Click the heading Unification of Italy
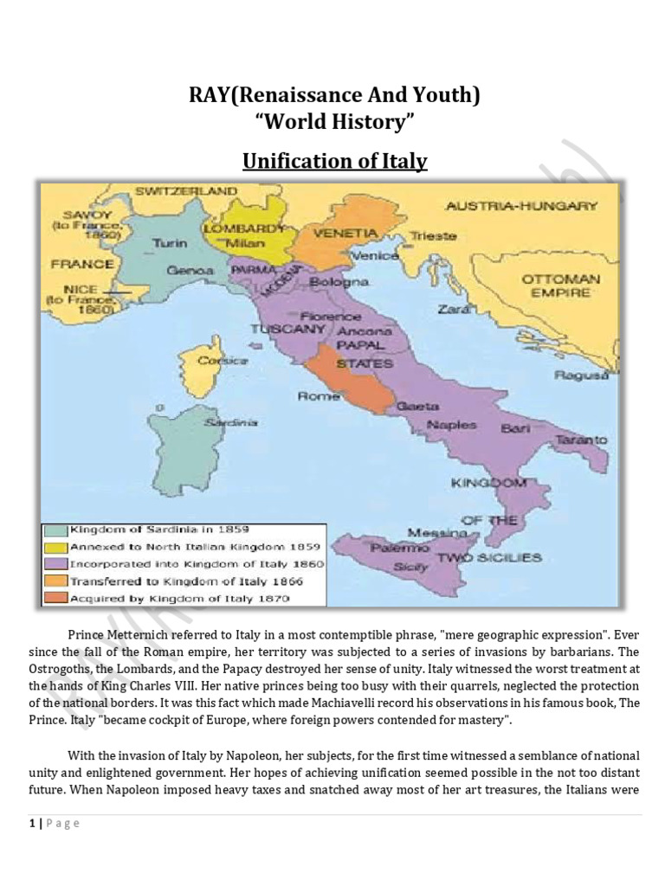(x=334, y=161)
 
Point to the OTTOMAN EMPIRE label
(x=560, y=286)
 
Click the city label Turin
(x=171, y=243)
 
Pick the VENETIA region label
(x=345, y=234)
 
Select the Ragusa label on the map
(x=572, y=375)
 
